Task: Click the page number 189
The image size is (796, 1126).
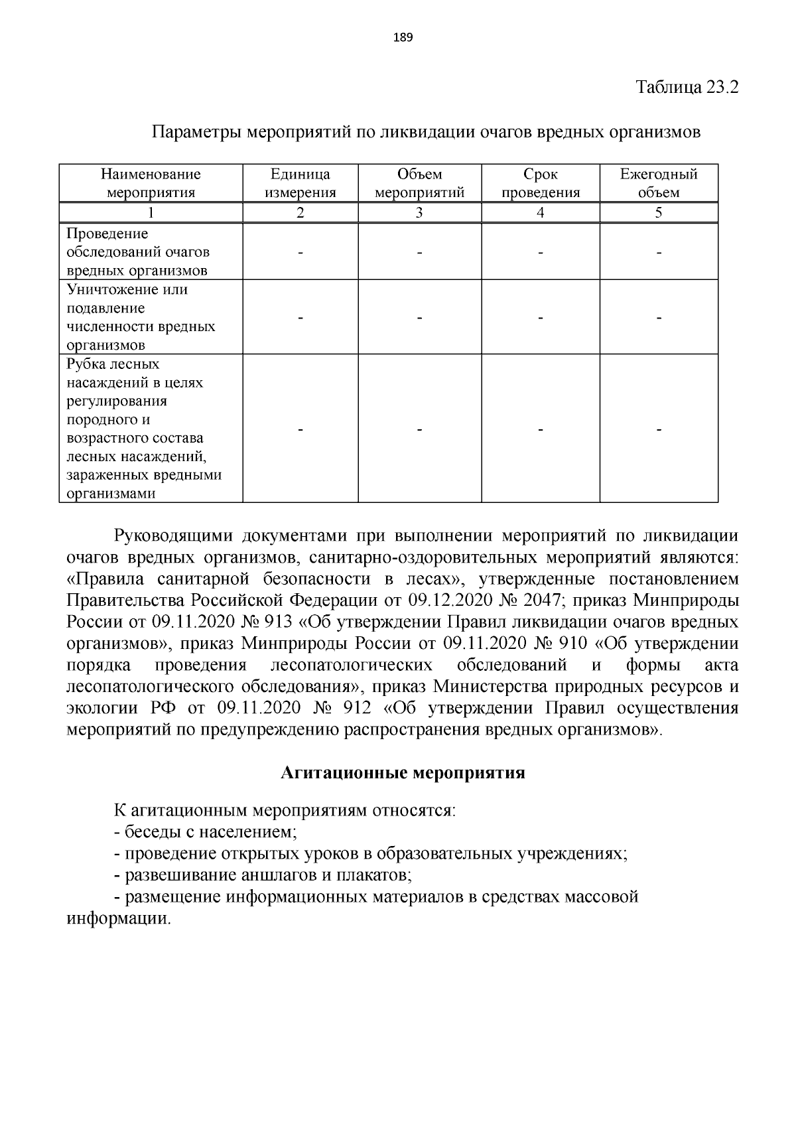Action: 403,38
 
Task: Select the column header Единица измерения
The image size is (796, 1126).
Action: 300,184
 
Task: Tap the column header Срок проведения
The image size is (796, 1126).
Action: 541,184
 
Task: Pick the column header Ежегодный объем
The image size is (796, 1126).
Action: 659,184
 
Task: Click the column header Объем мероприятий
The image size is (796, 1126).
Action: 419,184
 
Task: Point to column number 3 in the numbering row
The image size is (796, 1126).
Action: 419,213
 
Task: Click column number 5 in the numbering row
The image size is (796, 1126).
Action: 659,213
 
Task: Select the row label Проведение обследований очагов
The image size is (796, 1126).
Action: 138,252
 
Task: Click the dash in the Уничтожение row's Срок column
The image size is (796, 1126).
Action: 541,318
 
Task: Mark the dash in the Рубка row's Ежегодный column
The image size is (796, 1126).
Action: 659,431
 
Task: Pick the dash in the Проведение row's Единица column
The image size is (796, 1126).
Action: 300,253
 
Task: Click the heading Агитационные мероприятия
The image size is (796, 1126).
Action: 403,773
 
